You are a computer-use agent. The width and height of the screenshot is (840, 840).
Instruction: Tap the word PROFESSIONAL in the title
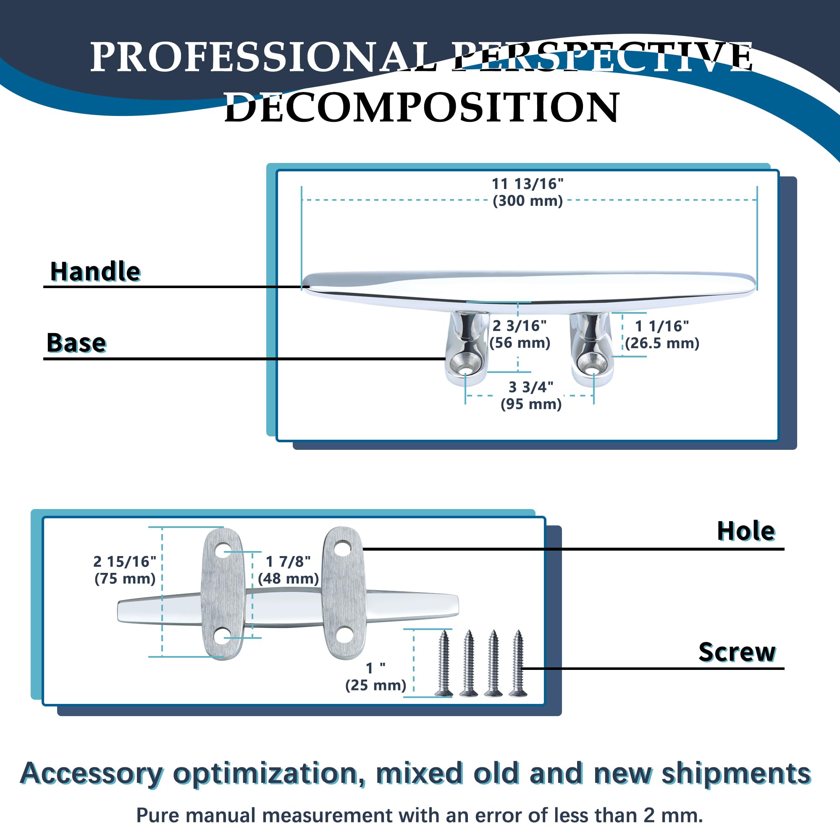click(x=263, y=57)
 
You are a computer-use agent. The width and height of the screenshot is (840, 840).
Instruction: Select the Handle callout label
click(x=95, y=272)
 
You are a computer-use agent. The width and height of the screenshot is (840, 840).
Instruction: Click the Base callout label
click(x=76, y=343)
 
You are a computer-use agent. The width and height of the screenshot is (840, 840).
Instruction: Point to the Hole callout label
click(x=746, y=531)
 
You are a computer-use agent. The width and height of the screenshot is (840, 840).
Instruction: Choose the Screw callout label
click(x=737, y=652)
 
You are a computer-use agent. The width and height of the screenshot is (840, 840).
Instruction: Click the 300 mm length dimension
click(x=528, y=192)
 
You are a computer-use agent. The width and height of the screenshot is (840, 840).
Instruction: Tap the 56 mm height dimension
click(x=520, y=334)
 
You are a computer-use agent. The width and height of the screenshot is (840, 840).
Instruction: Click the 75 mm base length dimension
click(x=125, y=570)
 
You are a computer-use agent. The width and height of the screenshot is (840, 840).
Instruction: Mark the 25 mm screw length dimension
click(x=375, y=677)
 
